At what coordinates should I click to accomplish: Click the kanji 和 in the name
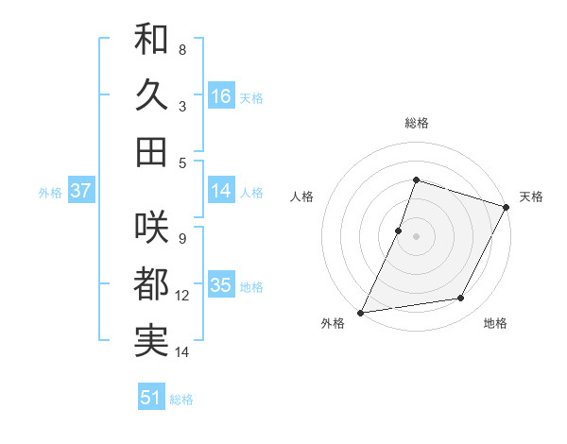151,41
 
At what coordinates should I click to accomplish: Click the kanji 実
151,339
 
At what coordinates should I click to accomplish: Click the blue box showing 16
221,96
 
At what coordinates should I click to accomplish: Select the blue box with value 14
221,191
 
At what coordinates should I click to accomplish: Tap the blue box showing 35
221,285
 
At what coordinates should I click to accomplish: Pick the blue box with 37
80,191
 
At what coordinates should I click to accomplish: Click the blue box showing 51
151,398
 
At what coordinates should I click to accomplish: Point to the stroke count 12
182,296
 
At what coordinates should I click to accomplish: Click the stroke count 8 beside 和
182,49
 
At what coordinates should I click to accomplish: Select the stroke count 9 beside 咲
182,238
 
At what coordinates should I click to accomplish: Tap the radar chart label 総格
416,123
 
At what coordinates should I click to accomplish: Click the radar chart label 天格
531,196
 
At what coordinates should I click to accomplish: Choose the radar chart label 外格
333,323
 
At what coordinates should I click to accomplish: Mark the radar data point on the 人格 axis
399,231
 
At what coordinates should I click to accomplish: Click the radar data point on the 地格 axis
461,299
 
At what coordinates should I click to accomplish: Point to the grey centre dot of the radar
416,236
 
